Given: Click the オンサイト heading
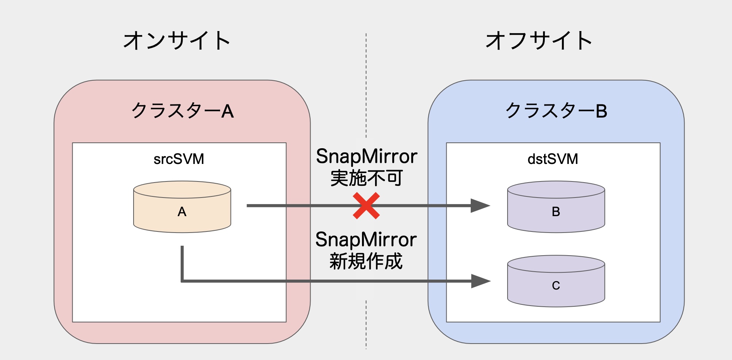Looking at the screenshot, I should click(177, 40).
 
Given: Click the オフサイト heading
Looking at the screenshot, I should click(539, 40).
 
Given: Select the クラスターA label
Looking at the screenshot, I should click(182, 111).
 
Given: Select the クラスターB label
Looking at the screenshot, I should click(556, 111).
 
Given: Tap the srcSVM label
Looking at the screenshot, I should click(179, 159).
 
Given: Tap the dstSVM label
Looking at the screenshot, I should click(553, 159).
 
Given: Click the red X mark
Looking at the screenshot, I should click(366, 206).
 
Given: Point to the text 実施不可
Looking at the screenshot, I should click(366, 178).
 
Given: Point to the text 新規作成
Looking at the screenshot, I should click(366, 261).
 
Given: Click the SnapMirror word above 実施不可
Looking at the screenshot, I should click(366, 156).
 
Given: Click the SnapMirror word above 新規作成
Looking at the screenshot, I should click(366, 240).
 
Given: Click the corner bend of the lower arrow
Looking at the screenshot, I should click(182, 281).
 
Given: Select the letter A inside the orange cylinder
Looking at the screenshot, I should click(182, 212).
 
